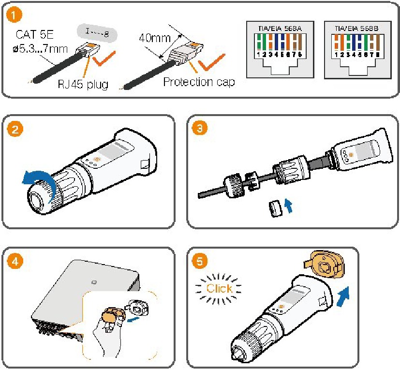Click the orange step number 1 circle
coord(15,15)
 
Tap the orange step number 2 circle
coord(15,130)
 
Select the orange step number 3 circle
coord(198,130)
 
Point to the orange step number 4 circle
coord(15,262)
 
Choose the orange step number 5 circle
coord(198,262)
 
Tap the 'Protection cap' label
coord(199,82)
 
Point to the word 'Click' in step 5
coord(219,289)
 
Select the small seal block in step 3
coord(274,209)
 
